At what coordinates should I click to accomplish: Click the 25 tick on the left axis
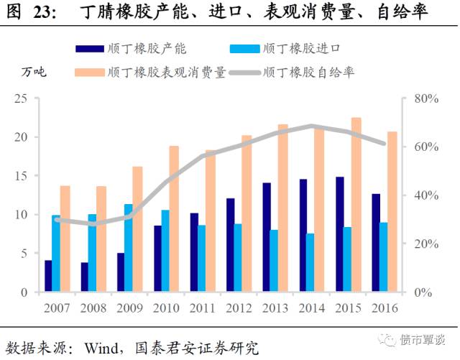(x=22, y=98)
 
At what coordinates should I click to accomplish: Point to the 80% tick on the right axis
(x=425, y=98)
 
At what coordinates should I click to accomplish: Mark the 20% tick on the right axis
(x=425, y=244)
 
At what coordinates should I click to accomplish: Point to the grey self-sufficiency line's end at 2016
(x=385, y=144)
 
